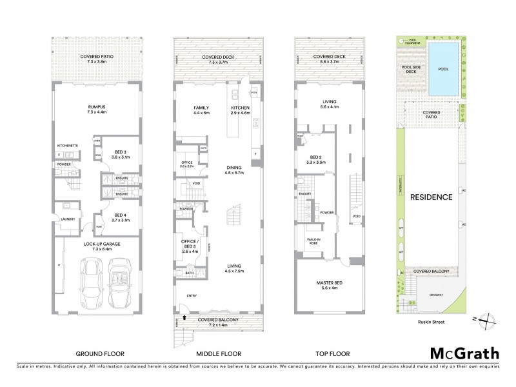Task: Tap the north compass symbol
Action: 488,318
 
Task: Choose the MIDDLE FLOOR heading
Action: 219,353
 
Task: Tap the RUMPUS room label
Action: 95,108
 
